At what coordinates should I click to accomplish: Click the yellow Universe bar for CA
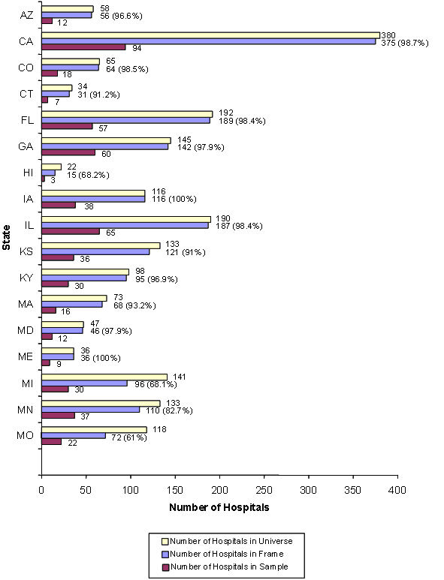pos(210,35)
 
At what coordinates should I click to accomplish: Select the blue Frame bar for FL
pos(125,120)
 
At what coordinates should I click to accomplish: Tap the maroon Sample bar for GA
pos(68,152)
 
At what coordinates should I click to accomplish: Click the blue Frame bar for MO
pos(74,436)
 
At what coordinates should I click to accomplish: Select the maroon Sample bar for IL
pos(71,232)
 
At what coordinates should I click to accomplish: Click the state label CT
pos(25,94)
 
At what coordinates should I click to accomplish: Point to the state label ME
pos(25,357)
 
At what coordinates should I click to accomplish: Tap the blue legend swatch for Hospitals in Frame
pos(165,554)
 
